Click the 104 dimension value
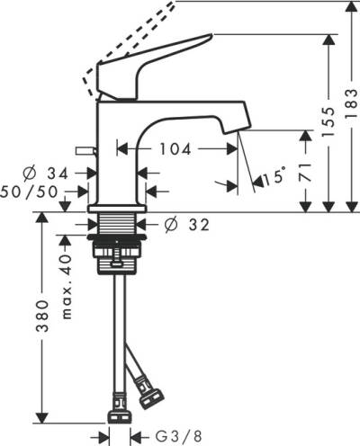pyautogui.click(x=175, y=149)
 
